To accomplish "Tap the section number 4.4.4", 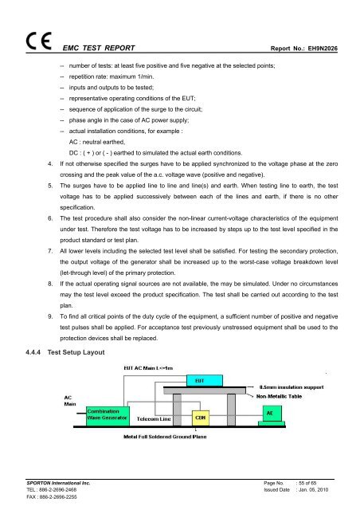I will tap(32, 350).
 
